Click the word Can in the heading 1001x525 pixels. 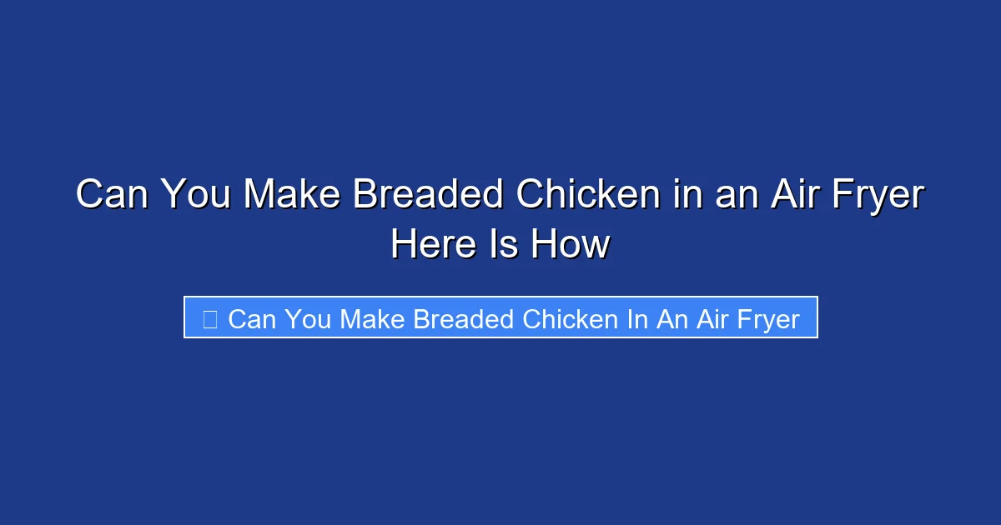click(111, 196)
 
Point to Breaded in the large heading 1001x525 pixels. click(428, 196)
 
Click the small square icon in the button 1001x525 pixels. click(210, 319)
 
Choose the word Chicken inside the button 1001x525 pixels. click(569, 319)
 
